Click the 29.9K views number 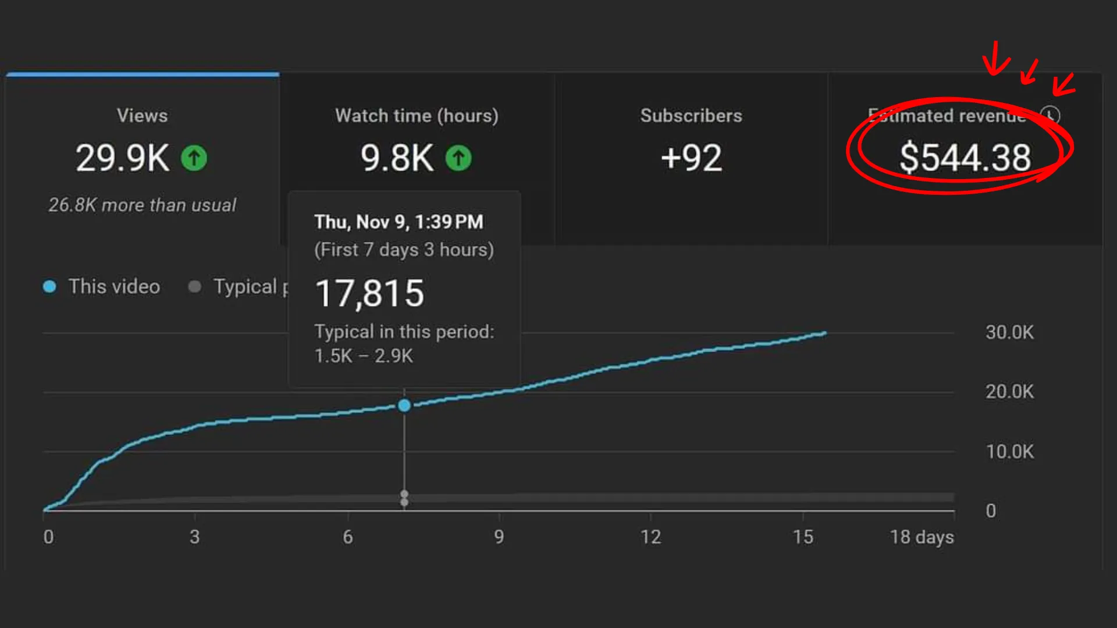(122, 158)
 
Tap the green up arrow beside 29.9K (194, 158)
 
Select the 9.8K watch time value (397, 158)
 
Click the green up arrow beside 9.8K (458, 158)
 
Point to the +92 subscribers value (691, 158)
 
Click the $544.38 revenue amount (965, 158)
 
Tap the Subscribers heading (691, 116)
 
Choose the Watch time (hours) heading (417, 116)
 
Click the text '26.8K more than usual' (143, 205)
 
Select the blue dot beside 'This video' (49, 287)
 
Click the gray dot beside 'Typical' (195, 287)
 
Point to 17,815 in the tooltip (369, 293)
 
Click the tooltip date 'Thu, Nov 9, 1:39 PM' (399, 222)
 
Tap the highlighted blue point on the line (404, 405)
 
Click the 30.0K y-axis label (1009, 333)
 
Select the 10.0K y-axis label (1009, 452)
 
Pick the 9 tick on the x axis (499, 537)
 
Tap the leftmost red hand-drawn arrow (997, 58)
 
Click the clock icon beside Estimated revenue (1050, 115)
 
